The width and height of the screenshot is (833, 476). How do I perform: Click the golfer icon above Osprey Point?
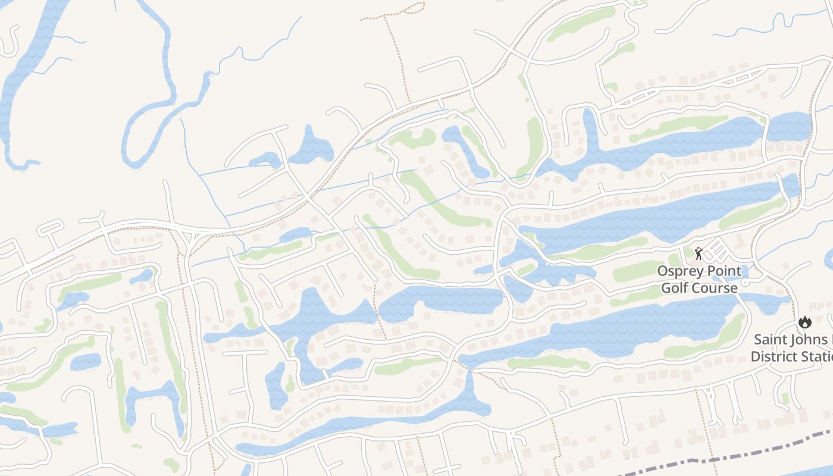click(699, 254)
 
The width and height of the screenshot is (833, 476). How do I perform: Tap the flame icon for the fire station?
click(805, 322)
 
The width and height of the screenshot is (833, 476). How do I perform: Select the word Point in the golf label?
click(725, 271)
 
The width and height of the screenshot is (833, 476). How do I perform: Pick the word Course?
click(716, 288)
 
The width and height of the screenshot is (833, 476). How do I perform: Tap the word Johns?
click(809, 340)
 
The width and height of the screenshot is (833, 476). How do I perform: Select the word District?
click(773, 357)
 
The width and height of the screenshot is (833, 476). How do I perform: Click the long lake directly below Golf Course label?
click(625, 330)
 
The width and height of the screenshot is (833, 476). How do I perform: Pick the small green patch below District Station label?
click(785, 397)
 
